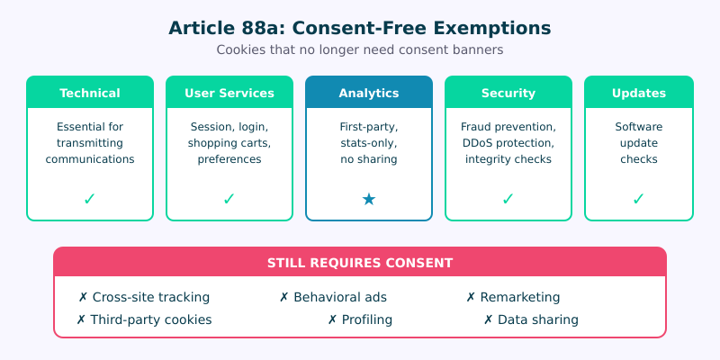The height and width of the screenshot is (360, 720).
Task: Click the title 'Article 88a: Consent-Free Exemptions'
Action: pos(360,28)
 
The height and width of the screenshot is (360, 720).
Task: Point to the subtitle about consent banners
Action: pos(360,50)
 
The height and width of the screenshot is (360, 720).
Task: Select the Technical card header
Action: pos(90,93)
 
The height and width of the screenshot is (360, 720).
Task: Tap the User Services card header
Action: pos(229,93)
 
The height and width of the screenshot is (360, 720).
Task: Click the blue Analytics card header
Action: pos(369,93)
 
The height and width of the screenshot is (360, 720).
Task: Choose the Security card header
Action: pos(508,93)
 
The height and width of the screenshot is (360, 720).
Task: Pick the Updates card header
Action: pos(639,93)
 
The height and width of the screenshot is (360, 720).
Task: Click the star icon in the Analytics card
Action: pos(369,199)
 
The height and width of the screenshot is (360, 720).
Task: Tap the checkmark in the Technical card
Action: pos(90,199)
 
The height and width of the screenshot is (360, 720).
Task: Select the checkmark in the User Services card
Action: pos(229,199)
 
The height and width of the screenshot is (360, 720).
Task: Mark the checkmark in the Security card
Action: pos(508,199)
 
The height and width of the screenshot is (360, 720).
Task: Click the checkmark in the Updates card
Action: pos(639,199)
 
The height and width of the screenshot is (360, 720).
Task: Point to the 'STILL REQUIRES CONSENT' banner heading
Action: pos(360,263)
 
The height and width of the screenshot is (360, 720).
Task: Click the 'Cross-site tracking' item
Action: pos(144,297)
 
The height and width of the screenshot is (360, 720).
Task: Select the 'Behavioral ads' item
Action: pos(333,297)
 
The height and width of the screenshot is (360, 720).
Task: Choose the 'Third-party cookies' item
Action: pos(144,319)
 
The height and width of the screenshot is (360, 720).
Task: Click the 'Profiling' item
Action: pos(360,319)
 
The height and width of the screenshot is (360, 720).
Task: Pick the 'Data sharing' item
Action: pos(531,319)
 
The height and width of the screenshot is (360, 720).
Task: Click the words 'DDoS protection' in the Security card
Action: pos(508,143)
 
